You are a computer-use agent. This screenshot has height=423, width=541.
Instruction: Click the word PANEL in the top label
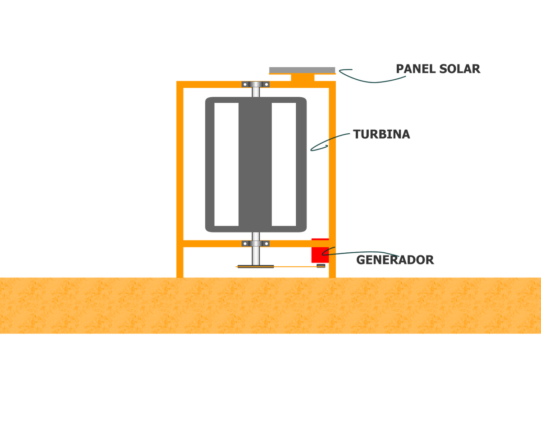[416, 69]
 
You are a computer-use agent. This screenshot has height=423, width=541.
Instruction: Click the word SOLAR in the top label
[459, 69]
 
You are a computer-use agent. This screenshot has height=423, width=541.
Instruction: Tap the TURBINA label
[381, 134]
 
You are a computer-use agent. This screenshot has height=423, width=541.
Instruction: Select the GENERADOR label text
[395, 260]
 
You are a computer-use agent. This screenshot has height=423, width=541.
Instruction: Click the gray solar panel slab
[302, 70]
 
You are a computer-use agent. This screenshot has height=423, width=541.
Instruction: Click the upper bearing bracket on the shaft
[256, 84]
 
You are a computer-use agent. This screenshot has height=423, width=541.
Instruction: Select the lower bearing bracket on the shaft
[256, 243]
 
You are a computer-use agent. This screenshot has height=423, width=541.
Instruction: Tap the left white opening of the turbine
[226, 164]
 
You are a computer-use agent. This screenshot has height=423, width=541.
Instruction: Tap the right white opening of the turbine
[284, 164]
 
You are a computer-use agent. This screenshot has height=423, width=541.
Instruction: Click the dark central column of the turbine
[255, 164]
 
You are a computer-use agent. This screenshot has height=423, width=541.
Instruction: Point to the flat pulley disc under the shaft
[256, 267]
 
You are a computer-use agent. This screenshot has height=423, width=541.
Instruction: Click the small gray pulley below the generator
[321, 266]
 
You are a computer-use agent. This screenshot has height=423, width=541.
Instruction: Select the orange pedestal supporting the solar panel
[303, 78]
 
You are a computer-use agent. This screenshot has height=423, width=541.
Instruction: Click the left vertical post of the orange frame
[180, 179]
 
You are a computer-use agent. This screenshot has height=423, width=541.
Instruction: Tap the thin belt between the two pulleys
[280, 267]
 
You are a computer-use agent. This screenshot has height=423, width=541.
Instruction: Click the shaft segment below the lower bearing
[256, 255]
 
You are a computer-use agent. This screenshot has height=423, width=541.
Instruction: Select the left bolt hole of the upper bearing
[245, 85]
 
